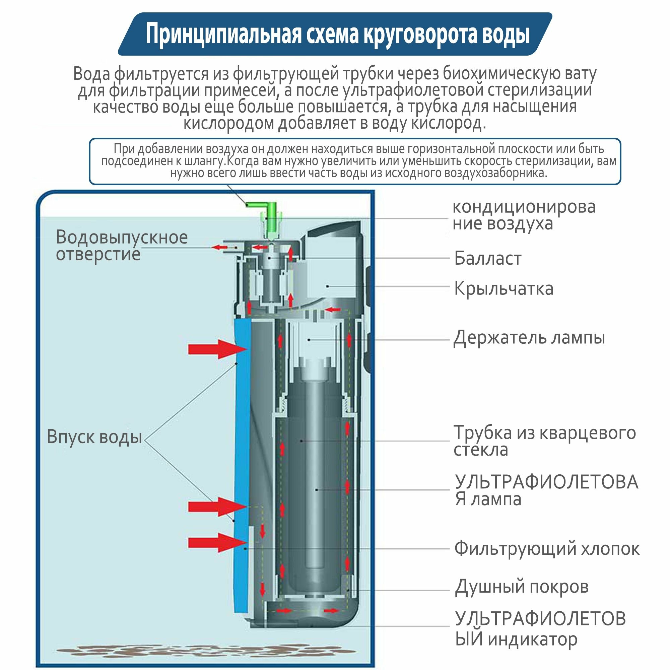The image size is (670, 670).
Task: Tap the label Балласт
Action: tap(487, 258)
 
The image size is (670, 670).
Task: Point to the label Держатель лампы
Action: tap(529, 337)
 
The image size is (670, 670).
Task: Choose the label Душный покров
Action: tap(522, 587)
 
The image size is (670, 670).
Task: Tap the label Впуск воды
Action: tap(94, 437)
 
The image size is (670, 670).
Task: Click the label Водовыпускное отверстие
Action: tap(122, 246)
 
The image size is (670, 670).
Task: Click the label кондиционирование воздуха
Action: tap(524, 215)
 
